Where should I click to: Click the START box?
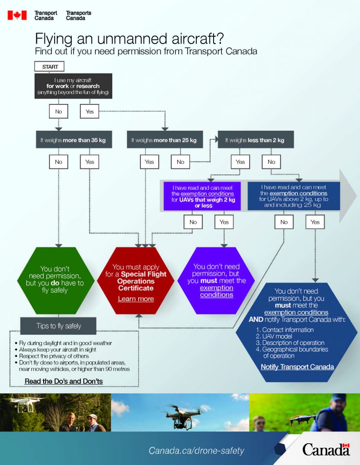[x=50, y=67]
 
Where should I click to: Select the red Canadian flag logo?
[x=17, y=15]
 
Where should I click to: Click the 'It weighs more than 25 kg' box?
[x=164, y=140]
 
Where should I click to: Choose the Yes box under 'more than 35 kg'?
[x=90, y=162]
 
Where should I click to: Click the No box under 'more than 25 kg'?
[x=180, y=162]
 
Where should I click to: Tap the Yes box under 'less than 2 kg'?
[x=240, y=162]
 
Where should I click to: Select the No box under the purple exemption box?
[x=193, y=222]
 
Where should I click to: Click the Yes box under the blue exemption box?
[x=315, y=222]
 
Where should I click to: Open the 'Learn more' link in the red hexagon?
[x=136, y=299]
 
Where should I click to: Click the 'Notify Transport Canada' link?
[x=297, y=367]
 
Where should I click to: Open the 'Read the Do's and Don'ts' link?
[x=64, y=381]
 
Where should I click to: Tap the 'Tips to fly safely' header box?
[x=58, y=326]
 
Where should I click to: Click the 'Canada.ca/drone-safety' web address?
[x=196, y=451]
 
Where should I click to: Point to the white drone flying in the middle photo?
[x=183, y=416]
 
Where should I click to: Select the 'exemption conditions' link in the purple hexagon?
[x=216, y=291]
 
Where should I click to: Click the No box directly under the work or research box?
[x=59, y=111]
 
